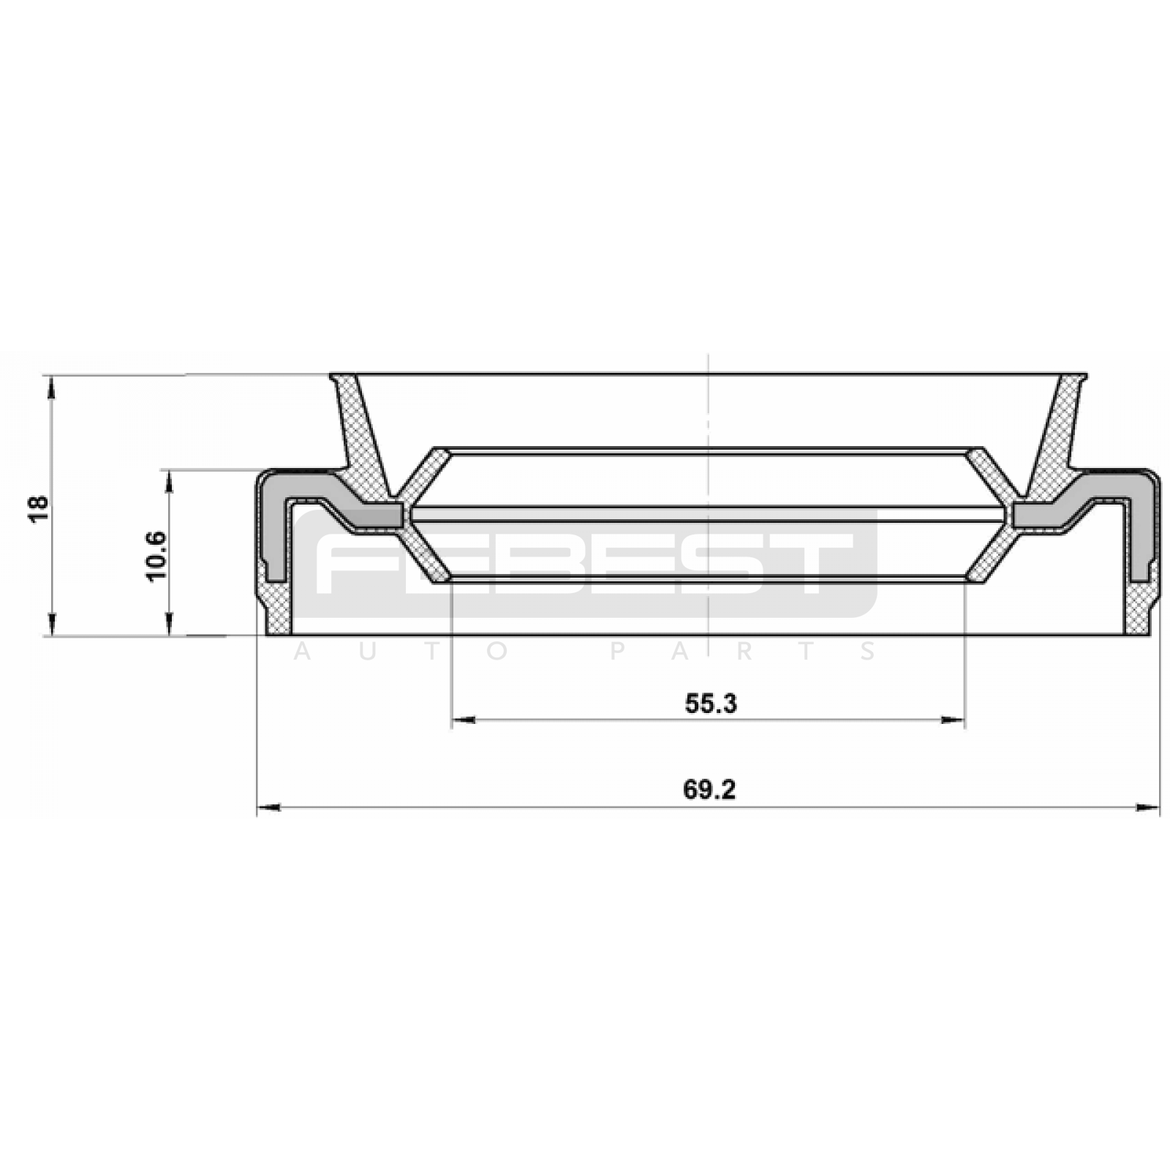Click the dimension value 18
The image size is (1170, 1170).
pos(39,507)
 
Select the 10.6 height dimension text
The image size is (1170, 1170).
pos(156,556)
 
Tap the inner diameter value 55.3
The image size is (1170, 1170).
pos(711,703)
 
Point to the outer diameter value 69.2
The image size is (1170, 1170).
pos(709,790)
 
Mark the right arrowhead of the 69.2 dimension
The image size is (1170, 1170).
pos(1148,808)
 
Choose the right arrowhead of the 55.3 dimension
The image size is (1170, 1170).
pos(953,720)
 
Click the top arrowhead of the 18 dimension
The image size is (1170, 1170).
pos(51,387)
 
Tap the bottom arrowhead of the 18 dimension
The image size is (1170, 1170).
pos(51,624)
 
